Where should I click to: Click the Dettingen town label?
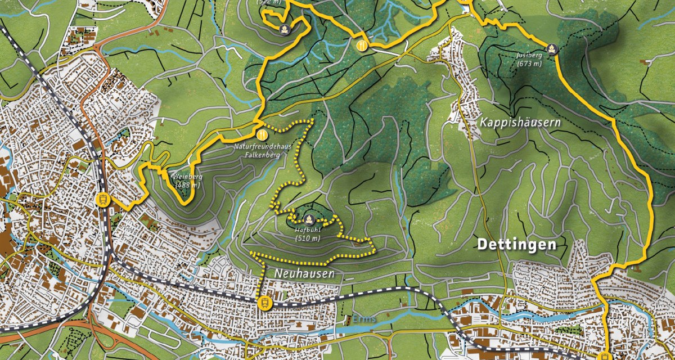pos(516,245)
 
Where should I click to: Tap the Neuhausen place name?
pos(305,273)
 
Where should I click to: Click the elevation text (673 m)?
pos(529,64)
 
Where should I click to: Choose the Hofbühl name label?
pos(307,229)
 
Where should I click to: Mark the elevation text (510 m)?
pos(307,238)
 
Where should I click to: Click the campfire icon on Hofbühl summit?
pos(308,218)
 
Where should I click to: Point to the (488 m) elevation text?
pos(187,184)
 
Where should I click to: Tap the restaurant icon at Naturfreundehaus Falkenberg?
pos(262,134)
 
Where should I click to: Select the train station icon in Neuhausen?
pos(264,303)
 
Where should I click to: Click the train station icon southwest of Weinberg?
pos(103,199)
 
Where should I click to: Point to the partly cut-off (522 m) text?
pos(268,2)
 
